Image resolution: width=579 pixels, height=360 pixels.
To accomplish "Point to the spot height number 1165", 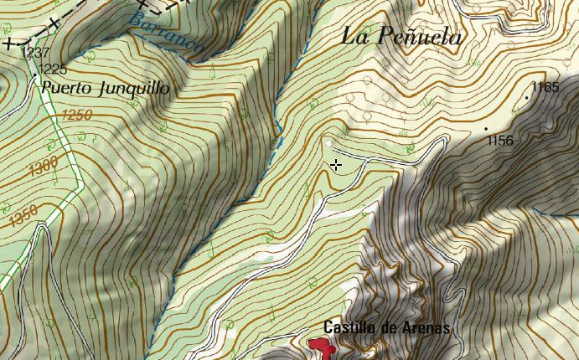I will coord(545,87).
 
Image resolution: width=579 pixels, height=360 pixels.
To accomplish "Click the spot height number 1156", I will coord(499,141).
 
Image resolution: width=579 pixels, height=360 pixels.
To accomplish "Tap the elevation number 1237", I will coord(35,53).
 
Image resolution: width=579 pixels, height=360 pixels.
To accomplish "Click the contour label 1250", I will coord(76,116).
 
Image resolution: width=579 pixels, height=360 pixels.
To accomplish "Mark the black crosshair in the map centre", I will coord(336,165).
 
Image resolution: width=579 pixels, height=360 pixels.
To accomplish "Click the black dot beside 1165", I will coord(526,98).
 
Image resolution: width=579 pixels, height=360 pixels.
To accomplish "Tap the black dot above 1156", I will coord(486,128).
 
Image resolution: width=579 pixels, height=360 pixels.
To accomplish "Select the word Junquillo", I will coord(133,88).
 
